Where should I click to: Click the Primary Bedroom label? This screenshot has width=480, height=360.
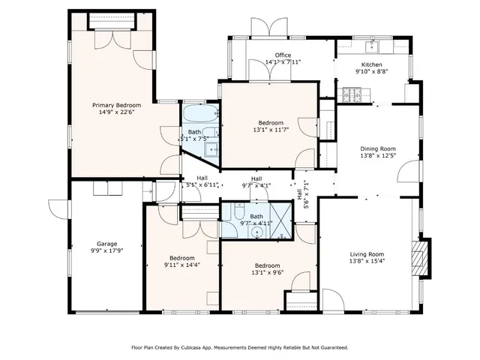(x=117, y=105)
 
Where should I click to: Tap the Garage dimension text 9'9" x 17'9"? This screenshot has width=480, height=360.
(x=106, y=250)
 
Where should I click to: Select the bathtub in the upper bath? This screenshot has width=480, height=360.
(x=200, y=113)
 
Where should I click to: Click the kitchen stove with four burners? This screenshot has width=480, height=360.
(x=352, y=94)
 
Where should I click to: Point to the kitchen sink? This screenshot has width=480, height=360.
(x=372, y=47)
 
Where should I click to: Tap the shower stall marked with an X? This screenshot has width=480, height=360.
(x=280, y=220)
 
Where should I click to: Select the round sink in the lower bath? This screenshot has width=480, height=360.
(x=256, y=233)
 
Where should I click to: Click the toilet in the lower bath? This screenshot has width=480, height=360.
(x=239, y=211)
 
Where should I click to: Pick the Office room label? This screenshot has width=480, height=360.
(x=283, y=55)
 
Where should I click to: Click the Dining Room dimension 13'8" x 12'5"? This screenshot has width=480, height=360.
(x=378, y=155)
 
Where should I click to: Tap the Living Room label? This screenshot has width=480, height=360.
(x=367, y=254)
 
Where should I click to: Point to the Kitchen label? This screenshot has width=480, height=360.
(x=372, y=65)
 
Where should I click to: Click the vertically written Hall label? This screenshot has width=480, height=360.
(x=299, y=194)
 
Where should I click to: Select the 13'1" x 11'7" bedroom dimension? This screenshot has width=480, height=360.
(x=271, y=130)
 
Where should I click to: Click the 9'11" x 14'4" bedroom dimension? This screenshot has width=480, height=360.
(x=182, y=265)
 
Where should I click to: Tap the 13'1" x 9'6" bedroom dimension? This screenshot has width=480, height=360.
(x=268, y=273)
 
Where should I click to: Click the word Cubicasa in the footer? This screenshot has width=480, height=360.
(x=190, y=348)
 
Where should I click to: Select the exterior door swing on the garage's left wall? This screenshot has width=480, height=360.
(x=58, y=209)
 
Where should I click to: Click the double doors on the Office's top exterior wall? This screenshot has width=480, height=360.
(x=269, y=27)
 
